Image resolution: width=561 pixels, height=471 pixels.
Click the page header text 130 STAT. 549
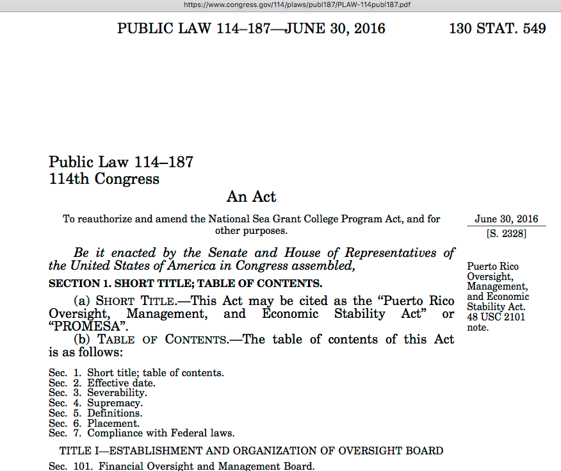[497, 29]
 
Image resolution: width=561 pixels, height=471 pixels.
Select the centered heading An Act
[252, 197]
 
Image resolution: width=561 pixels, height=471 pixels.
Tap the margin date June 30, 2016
[507, 219]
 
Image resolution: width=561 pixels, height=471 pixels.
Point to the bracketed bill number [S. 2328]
[507, 234]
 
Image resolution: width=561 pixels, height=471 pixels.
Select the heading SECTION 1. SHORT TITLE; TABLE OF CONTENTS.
[185, 283]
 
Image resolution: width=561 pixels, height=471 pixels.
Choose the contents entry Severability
[117, 393]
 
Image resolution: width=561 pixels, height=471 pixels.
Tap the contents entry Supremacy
[115, 403]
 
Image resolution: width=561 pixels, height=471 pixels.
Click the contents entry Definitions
[115, 413]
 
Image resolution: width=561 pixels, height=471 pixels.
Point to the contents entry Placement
[113, 423]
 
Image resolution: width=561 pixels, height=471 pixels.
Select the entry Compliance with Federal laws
[161, 433]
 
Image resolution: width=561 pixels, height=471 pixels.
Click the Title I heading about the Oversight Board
[251, 450]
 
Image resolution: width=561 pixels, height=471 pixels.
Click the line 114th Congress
[104, 179]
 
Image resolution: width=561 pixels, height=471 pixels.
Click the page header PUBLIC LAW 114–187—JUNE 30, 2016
[251, 29]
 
